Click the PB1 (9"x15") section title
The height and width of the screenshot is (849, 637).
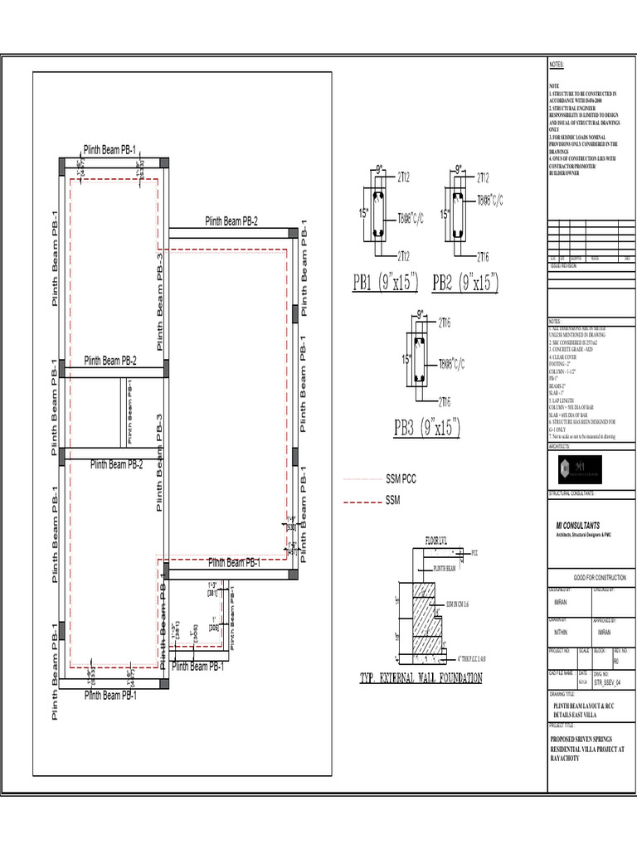[x=386, y=284]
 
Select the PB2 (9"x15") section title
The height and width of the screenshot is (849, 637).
[x=465, y=284]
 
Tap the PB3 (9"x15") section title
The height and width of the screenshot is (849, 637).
[x=426, y=428]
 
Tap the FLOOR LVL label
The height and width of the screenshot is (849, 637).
[x=437, y=540]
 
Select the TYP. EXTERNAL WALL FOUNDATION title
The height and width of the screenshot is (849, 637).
[x=421, y=678]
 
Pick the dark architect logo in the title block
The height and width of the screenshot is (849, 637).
[x=569, y=468]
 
